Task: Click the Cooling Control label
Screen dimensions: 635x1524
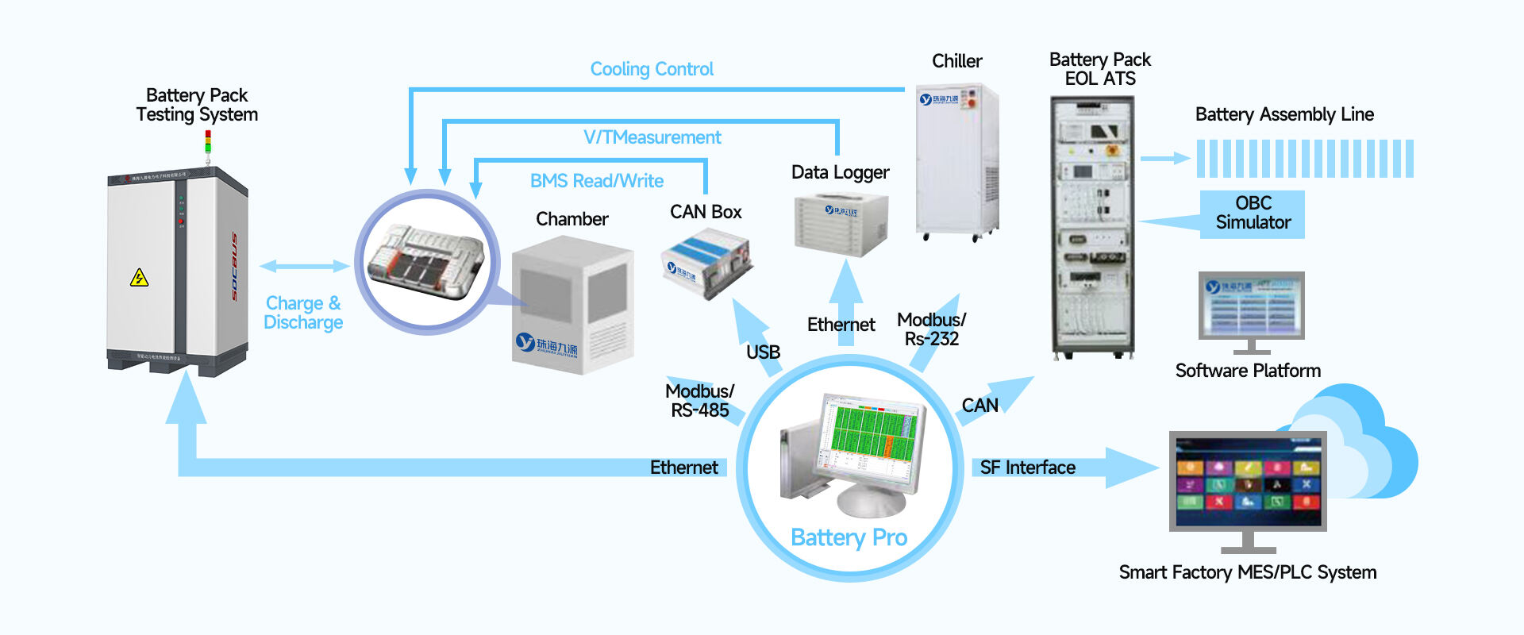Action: click(652, 70)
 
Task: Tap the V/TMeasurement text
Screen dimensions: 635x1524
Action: click(652, 137)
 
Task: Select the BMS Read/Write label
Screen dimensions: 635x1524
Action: click(596, 181)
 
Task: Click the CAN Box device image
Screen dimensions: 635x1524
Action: click(706, 263)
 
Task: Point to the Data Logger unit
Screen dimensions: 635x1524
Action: click(841, 225)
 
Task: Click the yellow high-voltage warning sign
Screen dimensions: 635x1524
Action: click(139, 278)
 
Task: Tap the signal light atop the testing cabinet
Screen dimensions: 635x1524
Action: click(208, 143)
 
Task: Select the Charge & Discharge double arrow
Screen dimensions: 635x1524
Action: click(304, 267)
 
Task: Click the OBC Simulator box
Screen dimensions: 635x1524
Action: click(1253, 214)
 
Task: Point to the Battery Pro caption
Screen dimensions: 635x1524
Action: click(849, 537)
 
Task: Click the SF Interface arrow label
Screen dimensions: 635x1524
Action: click(1027, 468)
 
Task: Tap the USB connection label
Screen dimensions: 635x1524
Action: click(763, 352)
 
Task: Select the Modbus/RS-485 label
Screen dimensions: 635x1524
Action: click(699, 401)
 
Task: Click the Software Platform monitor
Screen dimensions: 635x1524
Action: click(1251, 306)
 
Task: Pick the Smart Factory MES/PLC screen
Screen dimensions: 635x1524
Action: click(1247, 481)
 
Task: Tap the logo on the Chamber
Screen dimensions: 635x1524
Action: click(546, 344)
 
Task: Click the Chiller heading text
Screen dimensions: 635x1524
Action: click(956, 61)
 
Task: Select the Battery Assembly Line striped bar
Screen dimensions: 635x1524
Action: click(1305, 159)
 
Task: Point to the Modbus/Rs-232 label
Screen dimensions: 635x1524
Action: click(931, 329)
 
